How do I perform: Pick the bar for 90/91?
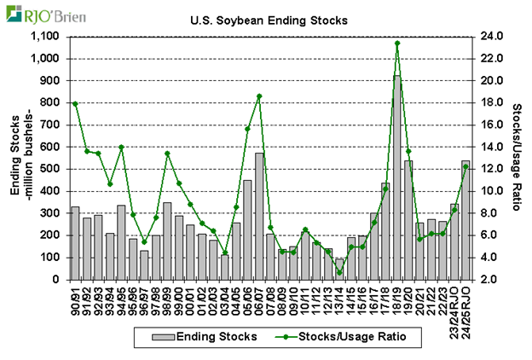coord(75,243)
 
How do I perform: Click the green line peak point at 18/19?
coord(397,43)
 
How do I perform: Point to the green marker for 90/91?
coord(75,103)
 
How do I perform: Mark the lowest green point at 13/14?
coord(339,273)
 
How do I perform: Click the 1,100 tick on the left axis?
coord(43,37)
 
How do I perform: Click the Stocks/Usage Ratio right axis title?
coord(517,158)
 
